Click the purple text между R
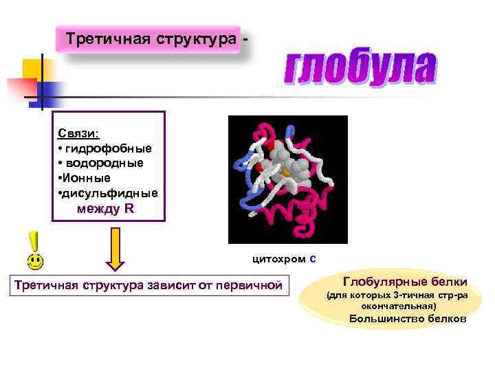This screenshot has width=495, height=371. click(x=106, y=209)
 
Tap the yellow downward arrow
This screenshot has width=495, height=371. click(x=115, y=249)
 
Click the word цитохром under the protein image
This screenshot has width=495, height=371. click(x=279, y=260)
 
